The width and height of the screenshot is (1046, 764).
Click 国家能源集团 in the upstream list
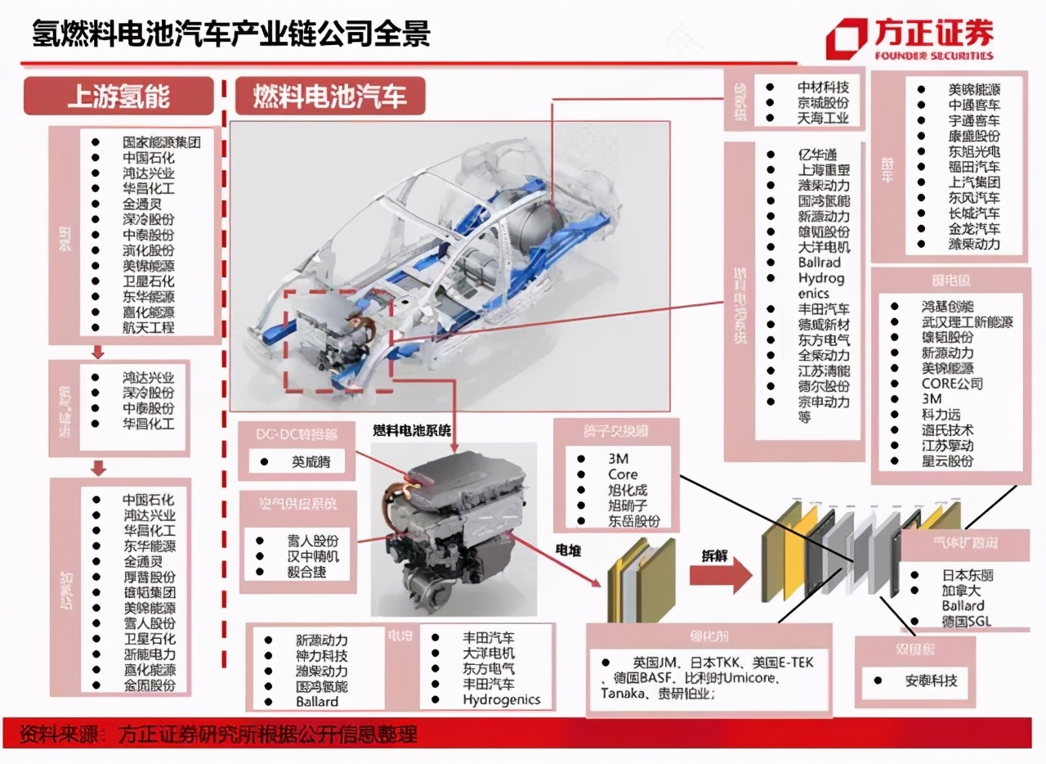click(x=161, y=142)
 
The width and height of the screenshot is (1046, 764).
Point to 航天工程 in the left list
click(x=148, y=328)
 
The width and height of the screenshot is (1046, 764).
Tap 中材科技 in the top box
click(x=823, y=88)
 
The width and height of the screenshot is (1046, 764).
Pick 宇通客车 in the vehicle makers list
click(x=973, y=120)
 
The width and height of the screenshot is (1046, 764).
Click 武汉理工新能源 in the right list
click(x=967, y=322)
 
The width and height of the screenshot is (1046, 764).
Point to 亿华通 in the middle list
click(x=817, y=155)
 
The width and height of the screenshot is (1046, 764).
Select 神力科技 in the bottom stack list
click(x=321, y=655)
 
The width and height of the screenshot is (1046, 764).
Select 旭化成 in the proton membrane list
click(x=627, y=490)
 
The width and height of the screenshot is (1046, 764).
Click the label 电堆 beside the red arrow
click(x=568, y=551)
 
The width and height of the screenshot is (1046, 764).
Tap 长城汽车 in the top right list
click(x=973, y=213)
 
